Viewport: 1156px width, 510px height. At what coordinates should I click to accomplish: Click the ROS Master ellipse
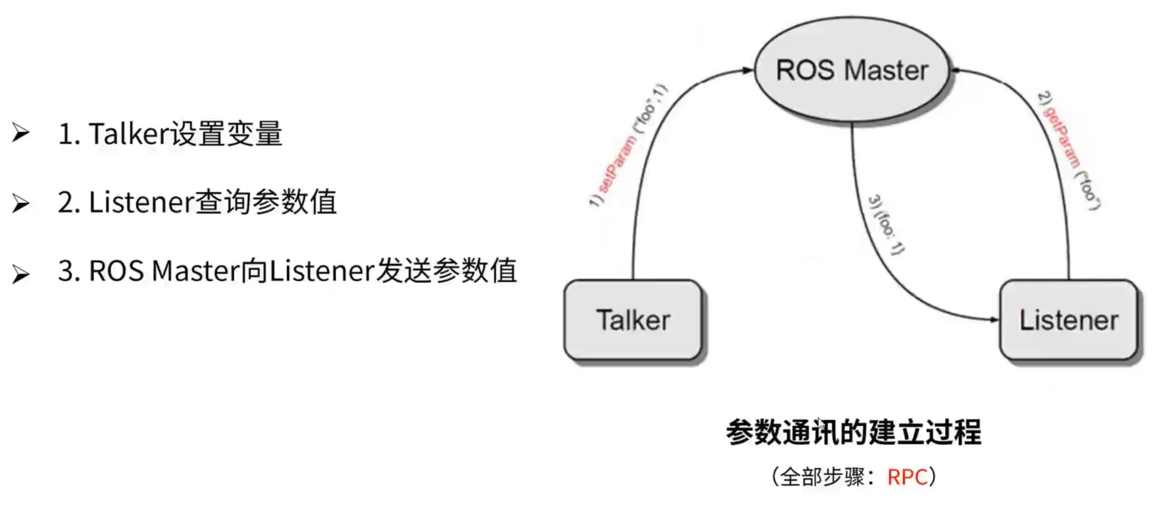pyautogui.click(x=852, y=70)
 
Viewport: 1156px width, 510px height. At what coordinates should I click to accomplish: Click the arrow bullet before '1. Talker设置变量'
pyautogui.click(x=21, y=133)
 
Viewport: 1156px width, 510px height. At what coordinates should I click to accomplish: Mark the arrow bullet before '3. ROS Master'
pyautogui.click(x=21, y=274)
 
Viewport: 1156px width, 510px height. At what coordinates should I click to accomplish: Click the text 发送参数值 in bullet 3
pyautogui.click(x=446, y=271)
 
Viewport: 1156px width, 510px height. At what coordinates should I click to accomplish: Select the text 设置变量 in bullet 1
pyautogui.click(x=226, y=134)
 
